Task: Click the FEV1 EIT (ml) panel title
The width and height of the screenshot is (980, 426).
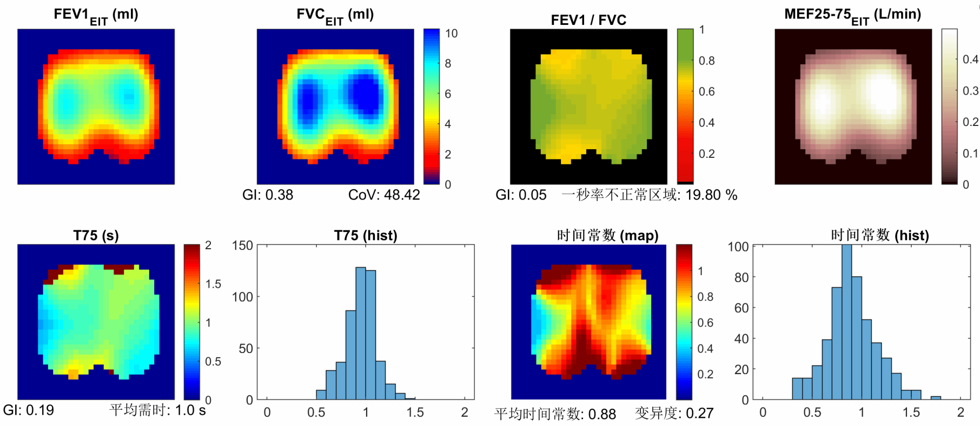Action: pos(96,15)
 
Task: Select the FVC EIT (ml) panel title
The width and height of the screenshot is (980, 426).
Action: pos(335,15)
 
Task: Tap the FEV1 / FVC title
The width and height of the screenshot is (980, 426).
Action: pos(588,20)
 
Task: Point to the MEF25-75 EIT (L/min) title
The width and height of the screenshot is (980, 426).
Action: pos(852,15)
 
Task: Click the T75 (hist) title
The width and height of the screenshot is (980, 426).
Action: pos(366,235)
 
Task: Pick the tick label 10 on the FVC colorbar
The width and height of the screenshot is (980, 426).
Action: pos(451,34)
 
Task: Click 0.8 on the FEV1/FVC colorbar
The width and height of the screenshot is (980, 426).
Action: pos(706,61)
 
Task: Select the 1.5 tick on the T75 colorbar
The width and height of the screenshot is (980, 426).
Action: pos(213,284)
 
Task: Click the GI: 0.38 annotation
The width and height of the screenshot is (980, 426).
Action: pos(268,195)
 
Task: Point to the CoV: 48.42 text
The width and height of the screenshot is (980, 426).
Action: pos(384,195)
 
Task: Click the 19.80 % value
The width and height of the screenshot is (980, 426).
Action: pos(711,195)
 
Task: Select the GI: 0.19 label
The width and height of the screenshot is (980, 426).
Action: pos(29,410)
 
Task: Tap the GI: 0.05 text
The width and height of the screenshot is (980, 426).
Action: pos(521,195)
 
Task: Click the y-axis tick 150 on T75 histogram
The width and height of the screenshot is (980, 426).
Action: pos(242,245)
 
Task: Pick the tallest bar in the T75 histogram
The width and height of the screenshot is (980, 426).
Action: pos(361,333)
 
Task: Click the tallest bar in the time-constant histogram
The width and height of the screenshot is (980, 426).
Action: pos(847,322)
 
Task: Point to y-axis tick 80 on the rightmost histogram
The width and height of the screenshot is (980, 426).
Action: pos(738,277)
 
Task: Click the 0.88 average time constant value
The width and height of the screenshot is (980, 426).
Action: pos(602,414)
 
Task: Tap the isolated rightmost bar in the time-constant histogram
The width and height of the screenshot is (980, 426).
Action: pos(936,398)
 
